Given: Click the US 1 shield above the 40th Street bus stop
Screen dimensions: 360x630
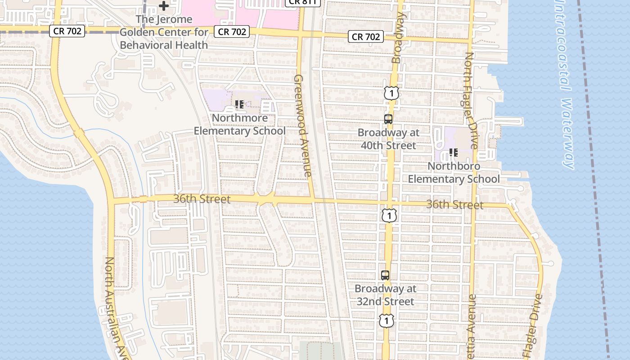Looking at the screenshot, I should pos(391,93).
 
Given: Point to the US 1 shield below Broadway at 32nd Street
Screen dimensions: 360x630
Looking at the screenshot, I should pos(386,320).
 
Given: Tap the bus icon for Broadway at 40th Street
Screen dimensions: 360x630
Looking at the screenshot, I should pos(388,119).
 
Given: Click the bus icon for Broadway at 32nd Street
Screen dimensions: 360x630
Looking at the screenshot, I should pos(385,275).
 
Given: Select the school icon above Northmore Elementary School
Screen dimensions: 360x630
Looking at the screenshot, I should pos(239,105).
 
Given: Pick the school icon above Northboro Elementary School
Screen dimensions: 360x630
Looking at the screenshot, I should pos(454,153).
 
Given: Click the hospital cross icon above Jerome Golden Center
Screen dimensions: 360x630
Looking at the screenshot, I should pos(164,6).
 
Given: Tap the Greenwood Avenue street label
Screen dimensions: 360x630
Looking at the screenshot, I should pos(302,126).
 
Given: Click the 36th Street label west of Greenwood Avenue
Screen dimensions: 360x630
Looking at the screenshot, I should pos(202,198).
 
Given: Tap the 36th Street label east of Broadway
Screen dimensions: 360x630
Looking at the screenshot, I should pos(454,205).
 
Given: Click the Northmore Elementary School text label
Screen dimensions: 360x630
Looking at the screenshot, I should pos(239,125).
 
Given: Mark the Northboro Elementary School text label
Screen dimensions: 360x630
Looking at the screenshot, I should pos(454,172).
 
